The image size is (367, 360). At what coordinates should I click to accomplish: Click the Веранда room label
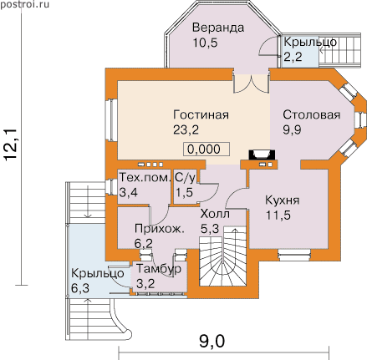218,28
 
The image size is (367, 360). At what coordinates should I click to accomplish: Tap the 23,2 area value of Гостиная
186,129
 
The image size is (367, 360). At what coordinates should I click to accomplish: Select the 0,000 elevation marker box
206,149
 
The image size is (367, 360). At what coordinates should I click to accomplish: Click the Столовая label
312,114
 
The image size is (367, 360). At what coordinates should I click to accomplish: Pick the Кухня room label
283,200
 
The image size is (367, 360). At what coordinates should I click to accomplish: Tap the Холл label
215,214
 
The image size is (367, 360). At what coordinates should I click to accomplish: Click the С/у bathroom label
185,178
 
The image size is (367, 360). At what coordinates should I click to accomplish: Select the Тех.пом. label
145,177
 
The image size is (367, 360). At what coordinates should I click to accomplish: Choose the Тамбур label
159,269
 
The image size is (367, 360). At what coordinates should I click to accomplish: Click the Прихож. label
160,229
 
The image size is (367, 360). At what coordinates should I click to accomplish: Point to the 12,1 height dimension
11,145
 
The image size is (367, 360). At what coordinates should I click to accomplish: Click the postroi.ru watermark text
25,4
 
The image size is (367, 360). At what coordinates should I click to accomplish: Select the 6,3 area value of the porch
80,288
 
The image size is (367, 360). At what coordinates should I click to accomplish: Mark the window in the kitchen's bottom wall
294,253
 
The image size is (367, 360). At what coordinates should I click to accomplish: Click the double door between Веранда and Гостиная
252,84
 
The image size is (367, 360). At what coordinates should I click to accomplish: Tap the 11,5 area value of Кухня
278,215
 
